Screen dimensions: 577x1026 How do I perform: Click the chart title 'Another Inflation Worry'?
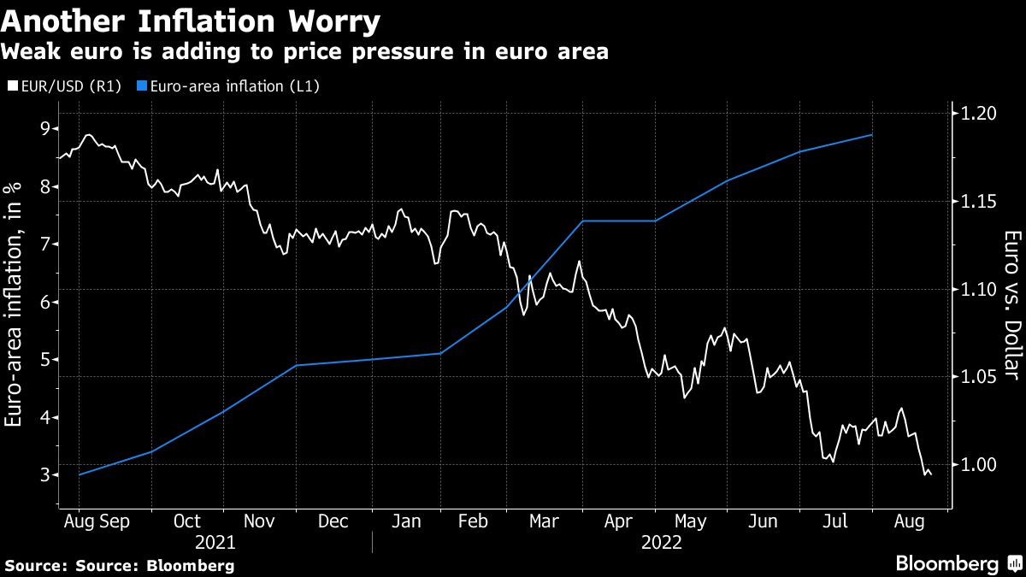(x=191, y=21)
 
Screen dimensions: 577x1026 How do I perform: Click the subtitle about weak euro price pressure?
(x=304, y=52)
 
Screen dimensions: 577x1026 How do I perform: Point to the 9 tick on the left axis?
(x=44, y=129)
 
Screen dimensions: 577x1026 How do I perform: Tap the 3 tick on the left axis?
(x=44, y=475)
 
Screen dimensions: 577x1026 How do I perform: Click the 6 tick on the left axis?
(x=44, y=303)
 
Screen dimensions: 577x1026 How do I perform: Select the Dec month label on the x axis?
(x=332, y=521)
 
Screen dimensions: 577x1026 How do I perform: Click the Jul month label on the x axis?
(x=835, y=521)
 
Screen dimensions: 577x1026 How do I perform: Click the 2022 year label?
(x=661, y=542)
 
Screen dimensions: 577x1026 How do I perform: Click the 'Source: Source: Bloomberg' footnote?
(x=120, y=565)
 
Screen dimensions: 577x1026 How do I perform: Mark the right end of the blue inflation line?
(x=872, y=135)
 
